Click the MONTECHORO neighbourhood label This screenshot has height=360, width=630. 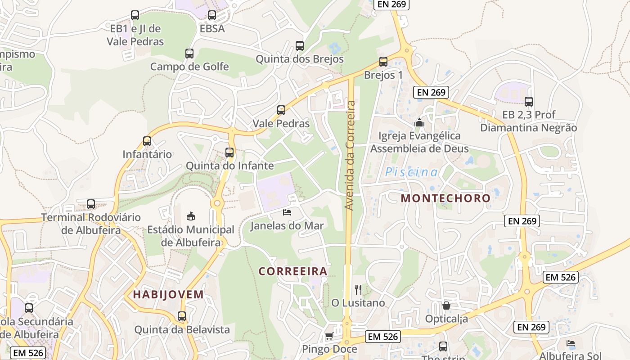coord(445,198)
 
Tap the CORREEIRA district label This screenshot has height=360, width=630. coord(292,271)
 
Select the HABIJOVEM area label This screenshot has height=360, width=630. coord(168,295)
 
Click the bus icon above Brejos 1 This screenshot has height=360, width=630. coord(383,62)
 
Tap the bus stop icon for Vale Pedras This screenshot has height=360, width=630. coord(281,110)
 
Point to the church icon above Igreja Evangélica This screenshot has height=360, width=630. coord(419,122)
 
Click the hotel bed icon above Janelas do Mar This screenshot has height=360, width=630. coord(287,212)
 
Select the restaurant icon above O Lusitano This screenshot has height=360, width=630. coord(358,289)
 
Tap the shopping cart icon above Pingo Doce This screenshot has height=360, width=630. coord(329,336)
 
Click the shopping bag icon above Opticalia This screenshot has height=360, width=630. coord(446,306)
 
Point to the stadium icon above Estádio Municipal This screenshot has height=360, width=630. coord(191,216)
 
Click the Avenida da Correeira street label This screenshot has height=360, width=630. coord(350,155)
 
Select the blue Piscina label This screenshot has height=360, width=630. coord(411,172)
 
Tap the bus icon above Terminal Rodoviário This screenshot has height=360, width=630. coord(91,204)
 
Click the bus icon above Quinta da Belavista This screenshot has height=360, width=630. coord(182,316)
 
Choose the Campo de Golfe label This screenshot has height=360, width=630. coord(189,67)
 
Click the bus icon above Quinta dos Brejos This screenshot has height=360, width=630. coord(300,46)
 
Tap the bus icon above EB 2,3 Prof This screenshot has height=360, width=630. coord(529,102)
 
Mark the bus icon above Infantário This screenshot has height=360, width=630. coord(147,141)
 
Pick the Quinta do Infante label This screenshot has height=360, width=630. coord(229,166)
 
